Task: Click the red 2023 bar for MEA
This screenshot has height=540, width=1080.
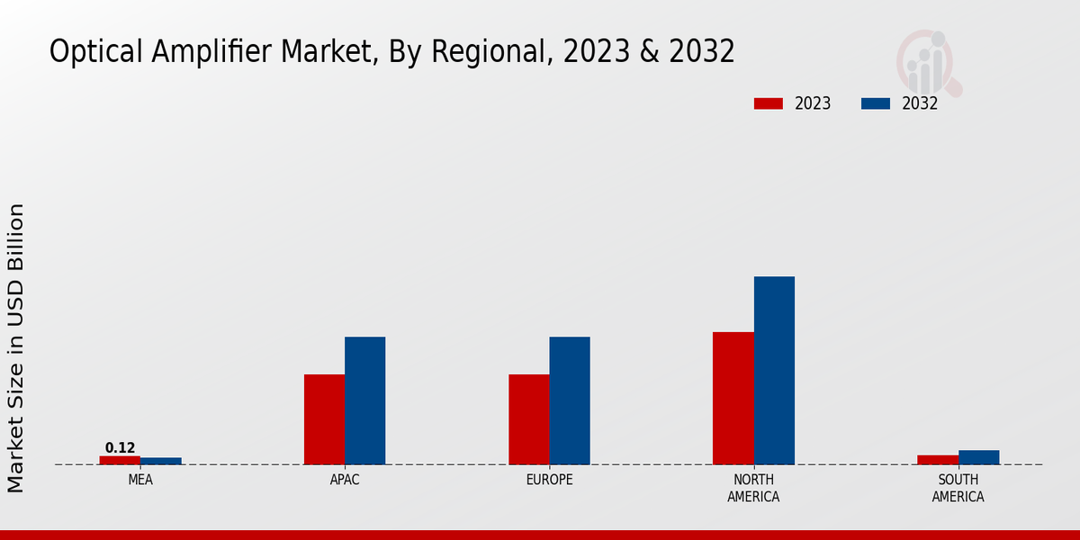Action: [120, 460]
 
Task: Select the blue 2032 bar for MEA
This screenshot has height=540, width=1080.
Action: [160, 461]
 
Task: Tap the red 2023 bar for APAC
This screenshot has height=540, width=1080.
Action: [324, 419]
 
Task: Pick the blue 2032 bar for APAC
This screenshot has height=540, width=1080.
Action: [364, 400]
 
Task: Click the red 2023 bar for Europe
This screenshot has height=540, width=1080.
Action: [528, 419]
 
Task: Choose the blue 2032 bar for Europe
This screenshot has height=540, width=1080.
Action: [570, 400]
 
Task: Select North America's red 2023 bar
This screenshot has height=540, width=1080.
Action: [733, 398]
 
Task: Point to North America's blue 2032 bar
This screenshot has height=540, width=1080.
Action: [774, 370]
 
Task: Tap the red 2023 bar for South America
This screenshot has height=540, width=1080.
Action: [938, 460]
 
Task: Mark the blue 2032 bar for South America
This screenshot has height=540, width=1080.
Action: [978, 457]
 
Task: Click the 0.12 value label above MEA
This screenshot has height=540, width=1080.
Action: [120, 448]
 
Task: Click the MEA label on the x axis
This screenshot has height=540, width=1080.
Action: [140, 481]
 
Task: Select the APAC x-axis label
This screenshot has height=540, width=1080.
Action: [345, 481]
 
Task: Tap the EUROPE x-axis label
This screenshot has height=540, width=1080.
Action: [549, 481]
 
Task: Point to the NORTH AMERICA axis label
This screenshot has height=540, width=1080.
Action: [753, 489]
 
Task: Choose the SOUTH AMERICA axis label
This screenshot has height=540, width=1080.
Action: [958, 489]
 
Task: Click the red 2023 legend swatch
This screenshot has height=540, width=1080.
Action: [768, 103]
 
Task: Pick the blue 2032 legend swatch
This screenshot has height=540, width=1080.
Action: [875, 103]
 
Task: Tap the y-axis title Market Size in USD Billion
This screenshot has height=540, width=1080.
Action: [16, 347]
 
